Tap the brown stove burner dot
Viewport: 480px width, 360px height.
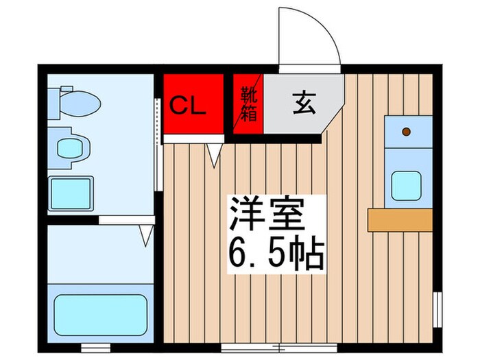point(406,131)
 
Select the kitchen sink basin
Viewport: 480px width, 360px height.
point(407,184)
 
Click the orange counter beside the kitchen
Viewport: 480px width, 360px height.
point(399,219)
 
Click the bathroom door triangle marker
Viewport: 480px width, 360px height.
point(145,236)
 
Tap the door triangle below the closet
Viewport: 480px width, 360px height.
point(215,154)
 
